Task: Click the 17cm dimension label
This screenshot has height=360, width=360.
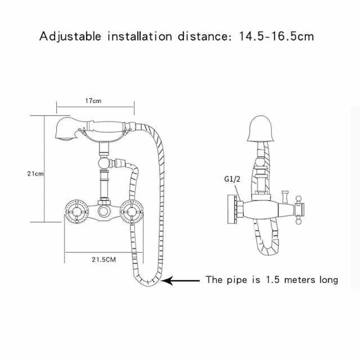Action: [x=93, y=101]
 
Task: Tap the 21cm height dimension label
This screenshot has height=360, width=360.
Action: [x=36, y=174]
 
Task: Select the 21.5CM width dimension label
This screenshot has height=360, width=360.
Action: [x=104, y=260]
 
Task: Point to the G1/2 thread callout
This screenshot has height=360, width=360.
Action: [x=232, y=179]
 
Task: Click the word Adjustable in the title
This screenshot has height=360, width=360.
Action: [x=70, y=37]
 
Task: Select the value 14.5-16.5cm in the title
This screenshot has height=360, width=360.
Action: [x=276, y=36]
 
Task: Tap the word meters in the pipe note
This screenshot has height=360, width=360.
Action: [x=300, y=280]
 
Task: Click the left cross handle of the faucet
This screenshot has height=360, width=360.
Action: [x=76, y=211]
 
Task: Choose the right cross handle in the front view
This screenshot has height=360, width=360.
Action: [x=131, y=211]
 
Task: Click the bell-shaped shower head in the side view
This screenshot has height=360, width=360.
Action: [x=261, y=129]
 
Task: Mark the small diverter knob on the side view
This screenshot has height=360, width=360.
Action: [x=285, y=196]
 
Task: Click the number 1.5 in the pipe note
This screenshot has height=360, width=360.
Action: [x=273, y=280]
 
